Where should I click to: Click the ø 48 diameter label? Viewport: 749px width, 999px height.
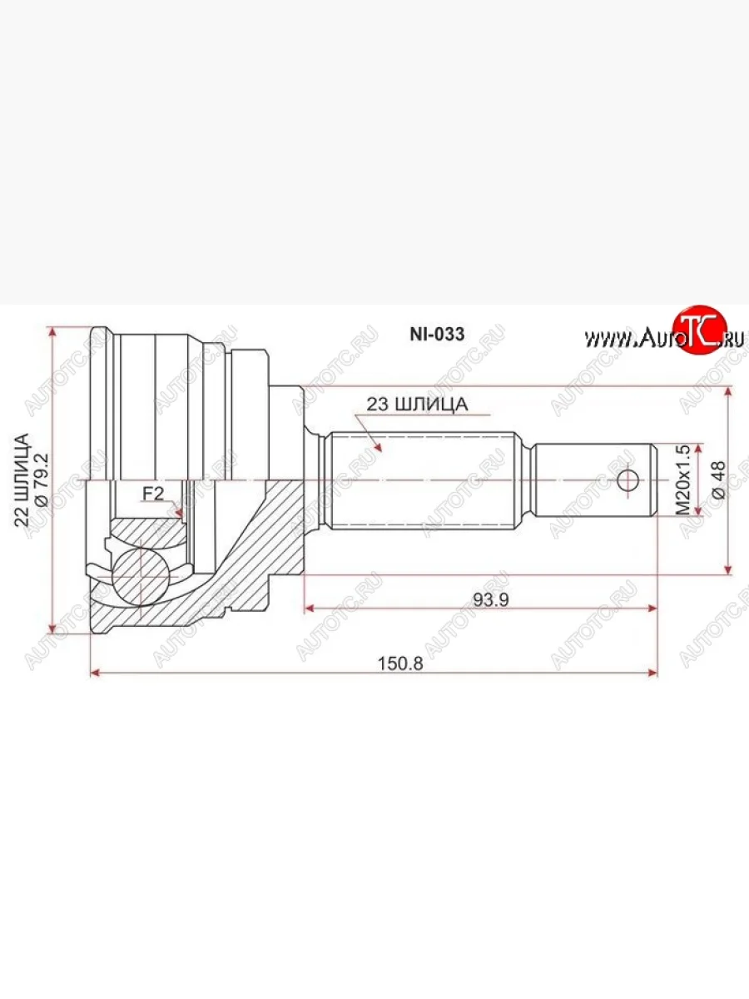(718, 480)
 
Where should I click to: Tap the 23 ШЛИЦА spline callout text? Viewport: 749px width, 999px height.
(415, 405)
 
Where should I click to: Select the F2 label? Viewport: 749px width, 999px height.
(152, 493)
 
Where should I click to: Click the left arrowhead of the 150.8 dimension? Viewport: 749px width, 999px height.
(94, 671)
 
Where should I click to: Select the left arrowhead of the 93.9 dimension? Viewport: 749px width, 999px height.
(309, 609)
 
